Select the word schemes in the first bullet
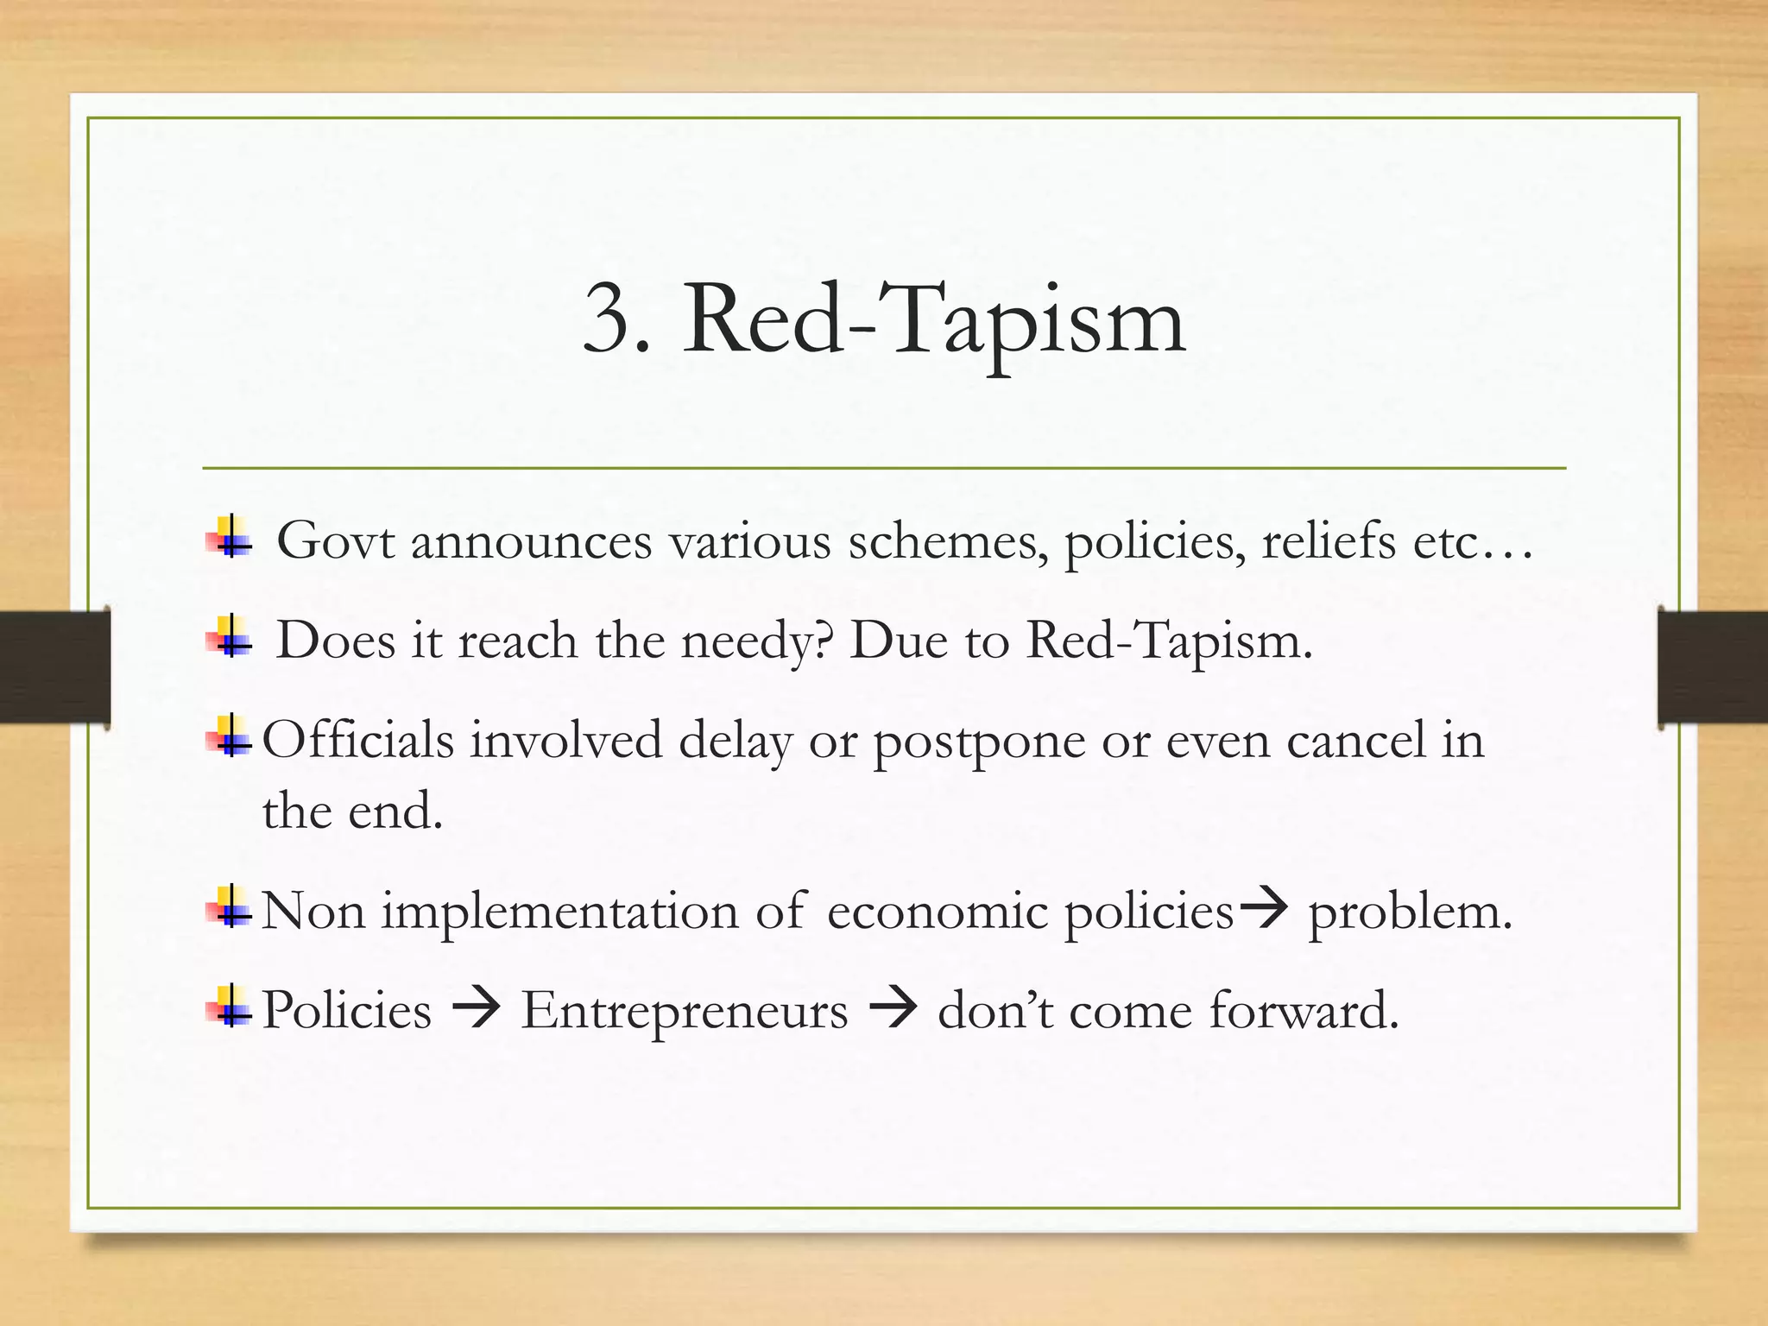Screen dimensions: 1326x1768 pos(949,542)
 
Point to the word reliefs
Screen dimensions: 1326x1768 pos(1328,542)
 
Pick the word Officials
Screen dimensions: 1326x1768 pos(357,741)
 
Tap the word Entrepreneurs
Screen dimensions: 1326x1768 pos(684,1010)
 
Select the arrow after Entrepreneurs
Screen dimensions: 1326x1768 pos(893,1008)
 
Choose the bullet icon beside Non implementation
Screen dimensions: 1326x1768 pos(229,907)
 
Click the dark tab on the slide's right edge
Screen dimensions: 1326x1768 pos(1713,666)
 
